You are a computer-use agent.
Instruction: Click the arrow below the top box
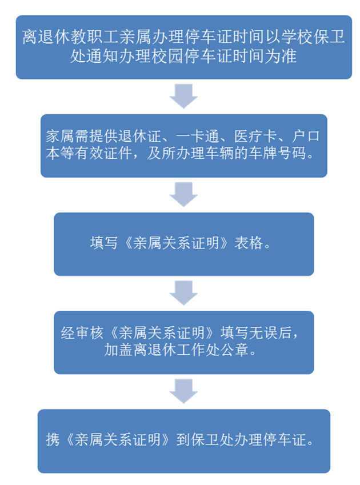click(x=183, y=96)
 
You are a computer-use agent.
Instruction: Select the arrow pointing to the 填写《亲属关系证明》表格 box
click(x=183, y=195)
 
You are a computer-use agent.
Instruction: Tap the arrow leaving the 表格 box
click(x=183, y=293)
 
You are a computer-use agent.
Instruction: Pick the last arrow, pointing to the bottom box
click(x=183, y=391)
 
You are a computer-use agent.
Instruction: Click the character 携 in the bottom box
click(x=52, y=440)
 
